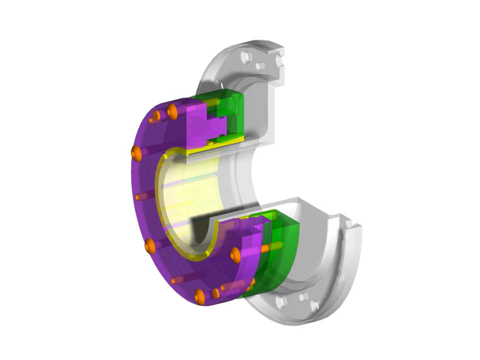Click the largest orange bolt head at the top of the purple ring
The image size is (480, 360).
(172, 111)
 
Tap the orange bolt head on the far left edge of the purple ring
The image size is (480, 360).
(136, 153)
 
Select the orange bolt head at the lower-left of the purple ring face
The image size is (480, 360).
(150, 245)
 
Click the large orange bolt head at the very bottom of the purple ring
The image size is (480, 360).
(199, 296)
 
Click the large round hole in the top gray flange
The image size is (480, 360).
(245, 57)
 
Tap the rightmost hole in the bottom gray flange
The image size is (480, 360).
(315, 305)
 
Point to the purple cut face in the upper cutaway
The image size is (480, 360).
(200, 125)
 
